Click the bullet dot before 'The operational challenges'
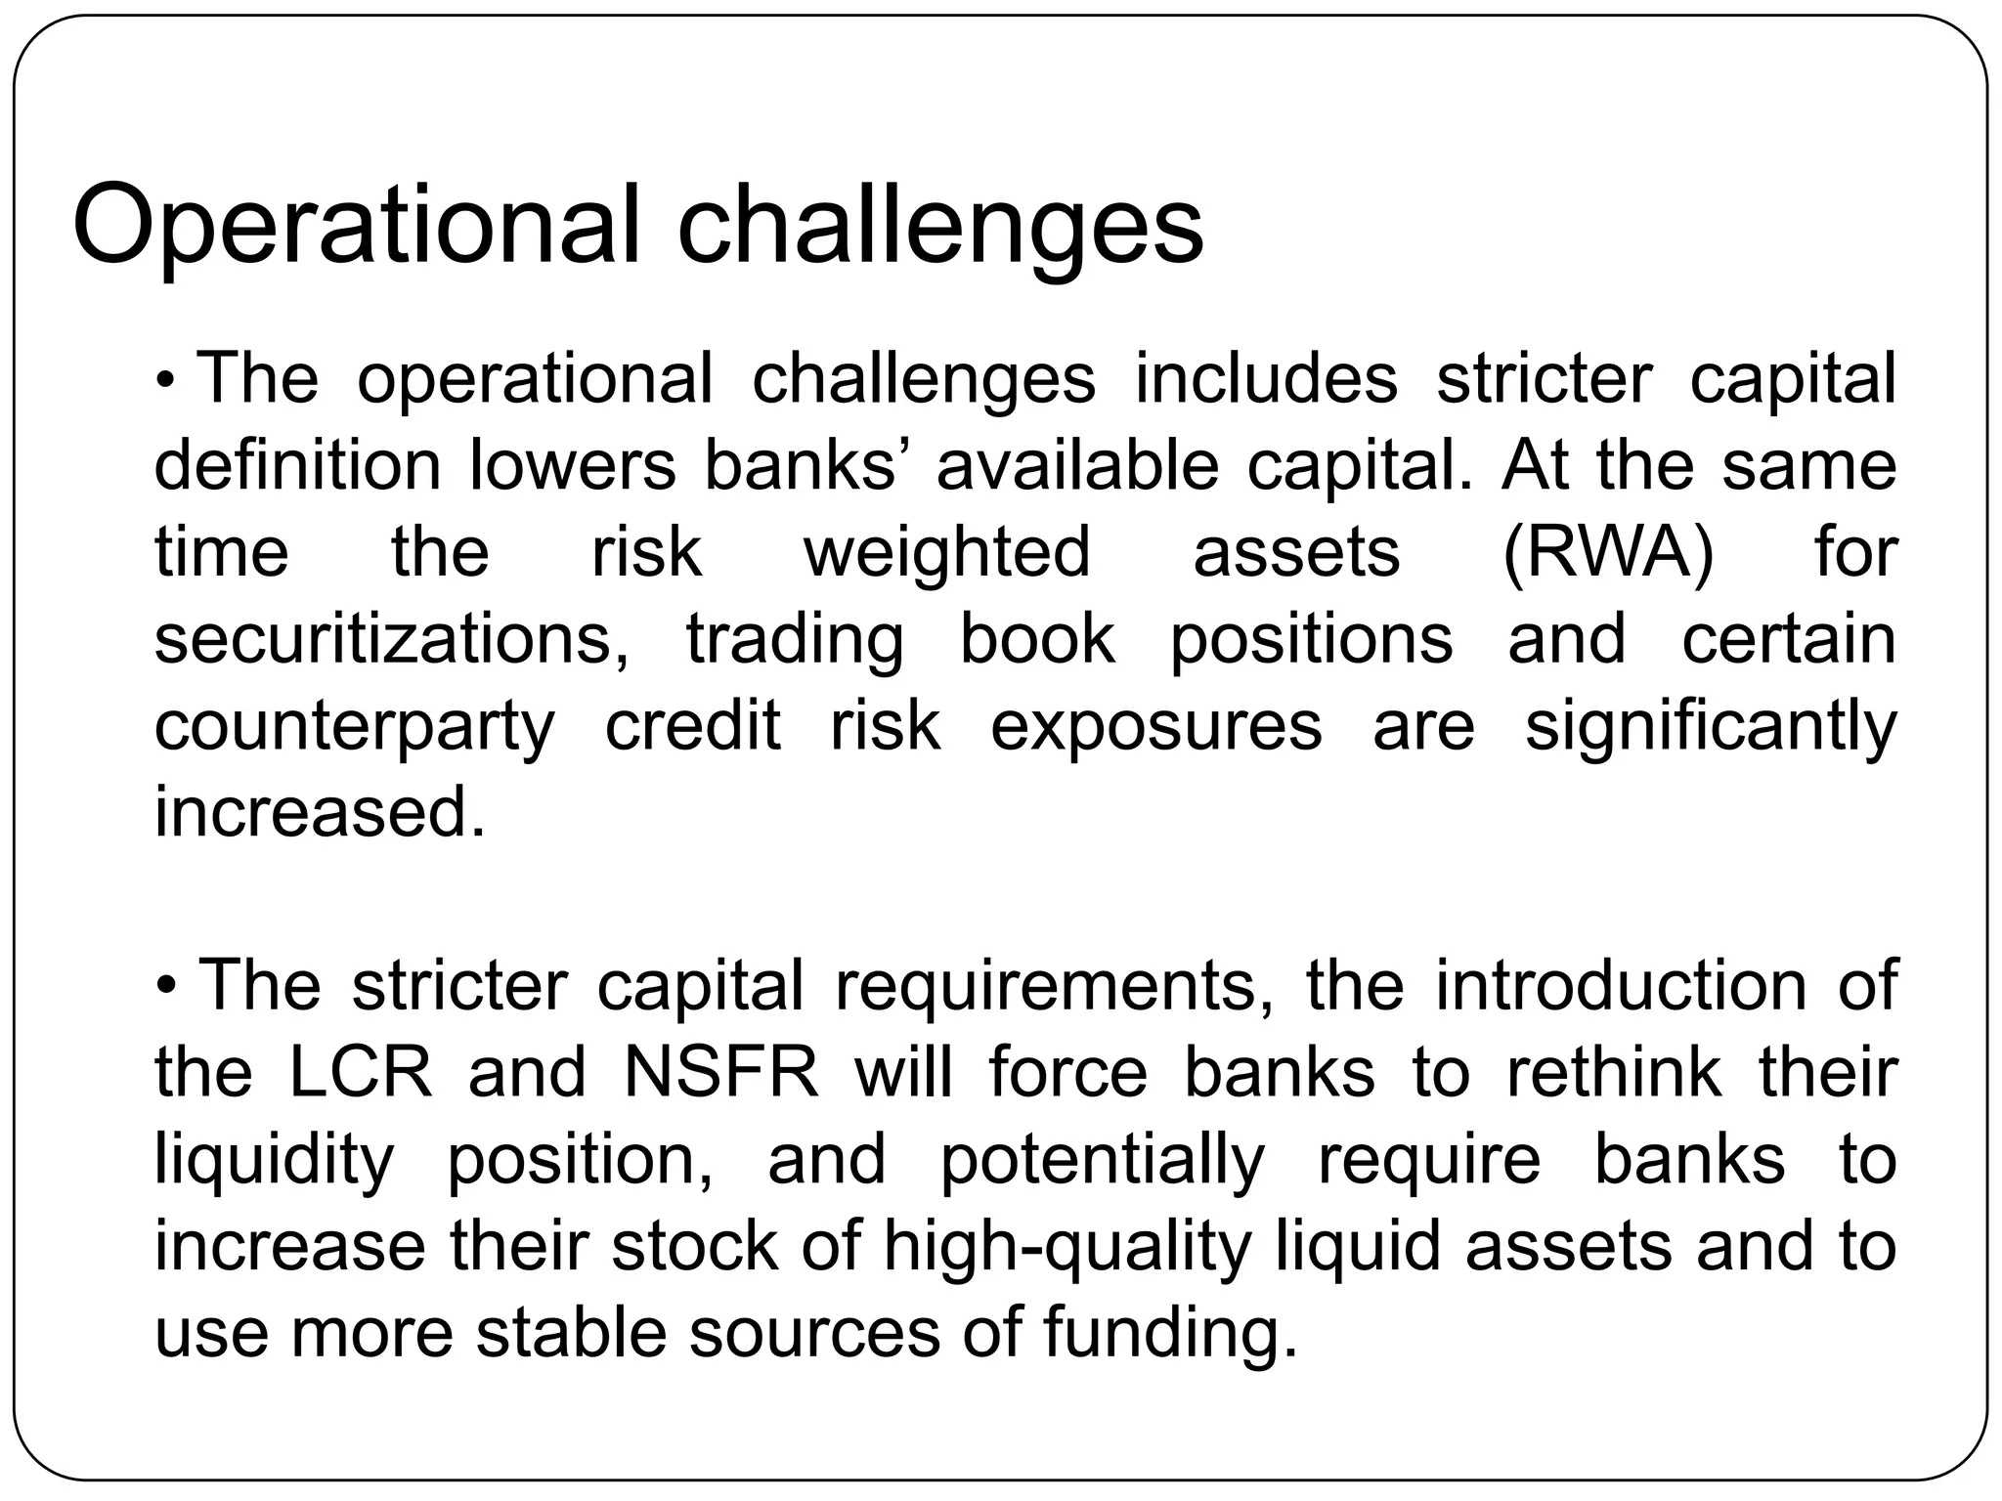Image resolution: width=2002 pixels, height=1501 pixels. pos(166,379)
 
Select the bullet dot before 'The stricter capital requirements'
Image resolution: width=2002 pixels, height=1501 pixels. pos(166,986)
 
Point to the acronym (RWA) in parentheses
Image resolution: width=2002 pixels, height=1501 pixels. pos(1608,553)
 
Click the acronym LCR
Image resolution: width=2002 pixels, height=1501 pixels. pos(361,1072)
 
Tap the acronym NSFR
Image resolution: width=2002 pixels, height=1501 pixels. pos(721,1072)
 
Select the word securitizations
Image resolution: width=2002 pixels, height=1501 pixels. pos(392,639)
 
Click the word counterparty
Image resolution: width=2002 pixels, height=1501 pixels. pos(354,727)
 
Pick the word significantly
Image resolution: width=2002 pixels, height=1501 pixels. pos(1711,727)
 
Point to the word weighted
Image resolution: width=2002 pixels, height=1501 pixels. pos(946,553)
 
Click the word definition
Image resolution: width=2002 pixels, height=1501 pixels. pos(297,465)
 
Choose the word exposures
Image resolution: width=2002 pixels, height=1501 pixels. pos(1155,726)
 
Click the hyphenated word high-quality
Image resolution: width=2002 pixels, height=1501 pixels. pos(1067,1247)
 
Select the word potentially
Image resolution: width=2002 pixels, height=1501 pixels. pos(1103,1160)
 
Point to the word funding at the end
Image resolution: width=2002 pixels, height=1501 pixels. pos(1170,1333)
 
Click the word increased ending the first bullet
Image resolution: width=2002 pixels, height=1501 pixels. pos(320,812)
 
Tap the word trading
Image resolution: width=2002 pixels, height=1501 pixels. pos(795,641)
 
